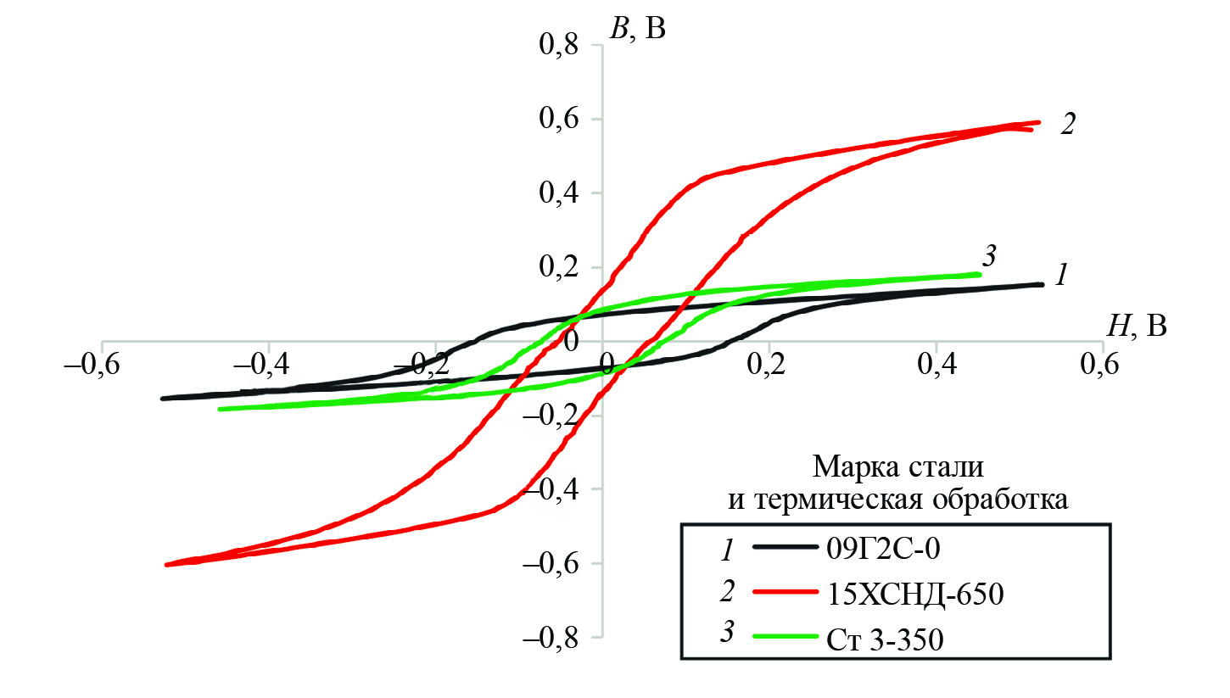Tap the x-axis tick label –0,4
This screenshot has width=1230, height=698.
268,366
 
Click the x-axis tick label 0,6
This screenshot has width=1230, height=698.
1102,366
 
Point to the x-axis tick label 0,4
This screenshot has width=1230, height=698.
936,366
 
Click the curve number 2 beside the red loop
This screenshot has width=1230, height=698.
1068,125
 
